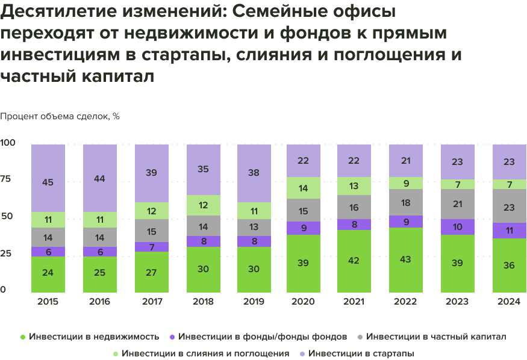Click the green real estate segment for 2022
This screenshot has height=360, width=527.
coord(405,259)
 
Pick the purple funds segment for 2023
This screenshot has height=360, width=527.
coord(457,226)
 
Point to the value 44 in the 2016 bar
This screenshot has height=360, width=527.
coord(99,178)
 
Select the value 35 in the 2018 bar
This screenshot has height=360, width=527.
coord(203,169)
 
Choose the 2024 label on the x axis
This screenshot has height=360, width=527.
coord(509,301)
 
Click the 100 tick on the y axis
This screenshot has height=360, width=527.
coord(7,143)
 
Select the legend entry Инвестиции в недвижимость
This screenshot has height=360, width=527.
coord(93,336)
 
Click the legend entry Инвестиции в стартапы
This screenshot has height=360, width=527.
coord(361,353)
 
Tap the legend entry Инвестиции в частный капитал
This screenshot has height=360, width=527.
coord(436,336)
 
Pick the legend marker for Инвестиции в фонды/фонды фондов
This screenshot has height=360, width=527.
coord(172,336)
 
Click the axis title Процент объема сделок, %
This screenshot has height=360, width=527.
coord(60,116)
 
